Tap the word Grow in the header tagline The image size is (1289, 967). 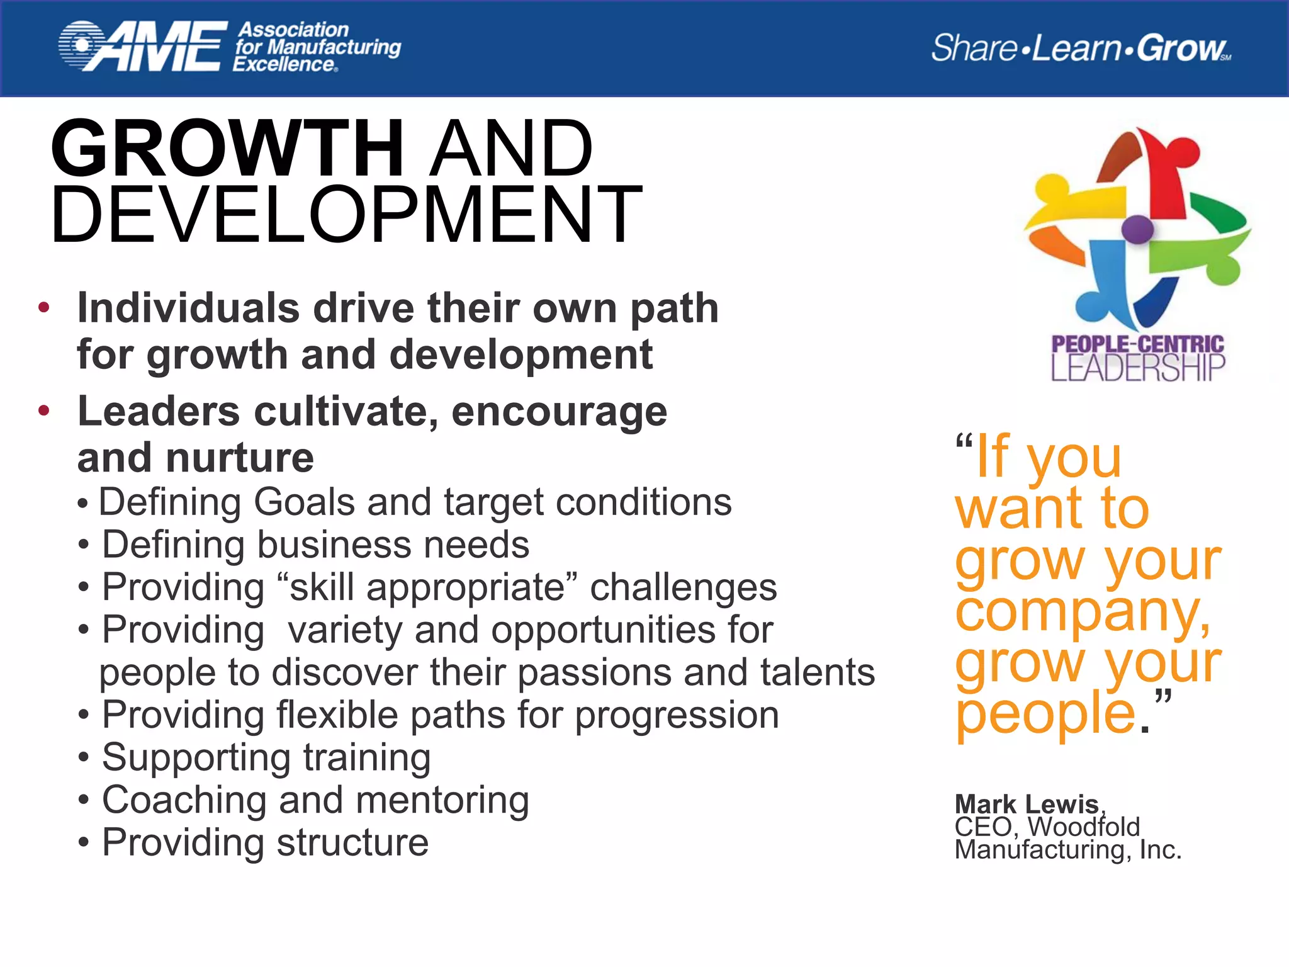(x=1181, y=48)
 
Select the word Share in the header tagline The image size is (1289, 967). (x=973, y=48)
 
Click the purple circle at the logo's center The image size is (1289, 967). (x=1137, y=229)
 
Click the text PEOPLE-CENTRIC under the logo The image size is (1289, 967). (x=1137, y=344)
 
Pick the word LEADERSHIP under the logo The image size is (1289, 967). (x=1137, y=368)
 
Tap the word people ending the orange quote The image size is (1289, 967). (x=1045, y=715)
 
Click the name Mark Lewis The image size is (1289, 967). (x=1027, y=804)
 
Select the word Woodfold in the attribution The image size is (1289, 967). (x=1084, y=827)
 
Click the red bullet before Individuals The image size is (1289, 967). (x=43, y=308)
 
